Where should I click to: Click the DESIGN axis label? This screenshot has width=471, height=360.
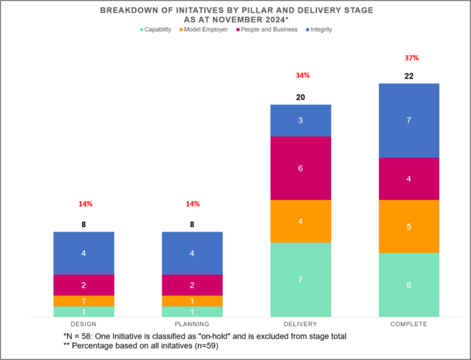click(83, 324)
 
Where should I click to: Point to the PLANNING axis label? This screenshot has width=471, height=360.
click(192, 324)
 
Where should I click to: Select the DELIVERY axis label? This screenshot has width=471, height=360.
click(301, 324)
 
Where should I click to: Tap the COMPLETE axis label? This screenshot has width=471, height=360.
click(409, 324)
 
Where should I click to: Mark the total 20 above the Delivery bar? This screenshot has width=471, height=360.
click(301, 97)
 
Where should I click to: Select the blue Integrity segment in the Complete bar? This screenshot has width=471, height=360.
click(409, 120)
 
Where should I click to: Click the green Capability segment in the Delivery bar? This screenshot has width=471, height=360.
click(301, 280)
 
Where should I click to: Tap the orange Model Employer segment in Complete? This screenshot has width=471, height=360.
click(409, 226)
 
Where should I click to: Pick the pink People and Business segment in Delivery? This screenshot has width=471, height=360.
click(301, 168)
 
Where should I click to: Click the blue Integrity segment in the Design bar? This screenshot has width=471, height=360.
click(83, 253)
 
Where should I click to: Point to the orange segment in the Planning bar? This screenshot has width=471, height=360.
click(192, 301)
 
